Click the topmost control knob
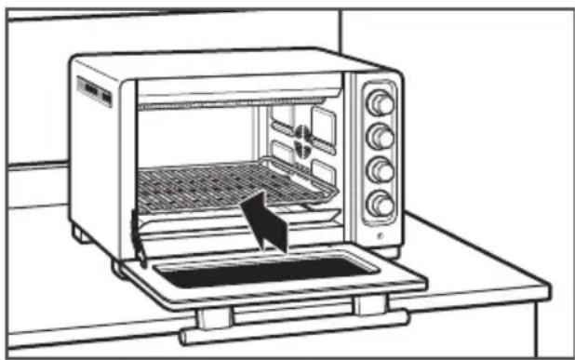pos(380,100)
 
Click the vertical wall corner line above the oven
pos(339,37)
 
